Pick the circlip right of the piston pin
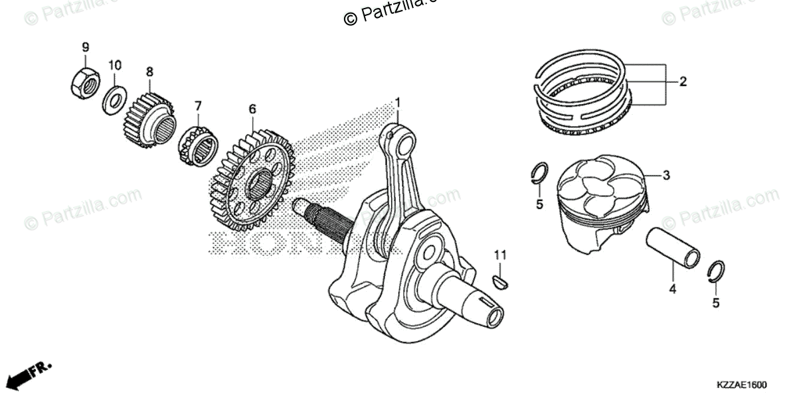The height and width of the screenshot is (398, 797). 717,273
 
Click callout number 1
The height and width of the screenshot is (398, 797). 399,102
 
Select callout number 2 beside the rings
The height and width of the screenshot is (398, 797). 682,82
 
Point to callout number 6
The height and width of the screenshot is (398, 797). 252,107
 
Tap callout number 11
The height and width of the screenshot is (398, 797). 500,255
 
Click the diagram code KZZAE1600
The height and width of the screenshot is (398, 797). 741,385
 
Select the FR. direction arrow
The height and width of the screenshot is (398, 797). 31,375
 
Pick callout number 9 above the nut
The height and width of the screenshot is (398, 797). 85,47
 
